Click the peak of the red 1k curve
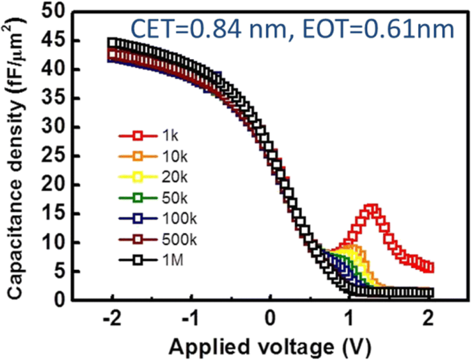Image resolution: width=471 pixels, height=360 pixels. click(372, 209)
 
